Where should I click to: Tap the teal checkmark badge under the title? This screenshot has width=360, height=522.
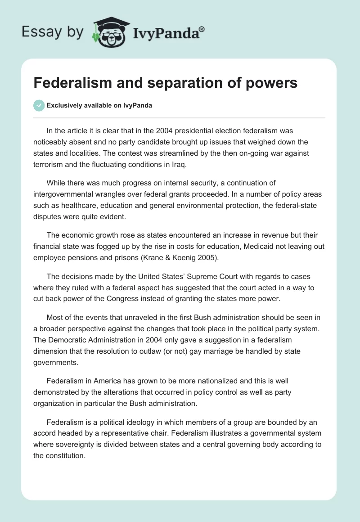(39, 105)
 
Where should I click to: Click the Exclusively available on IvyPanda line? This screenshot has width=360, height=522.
(99, 106)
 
